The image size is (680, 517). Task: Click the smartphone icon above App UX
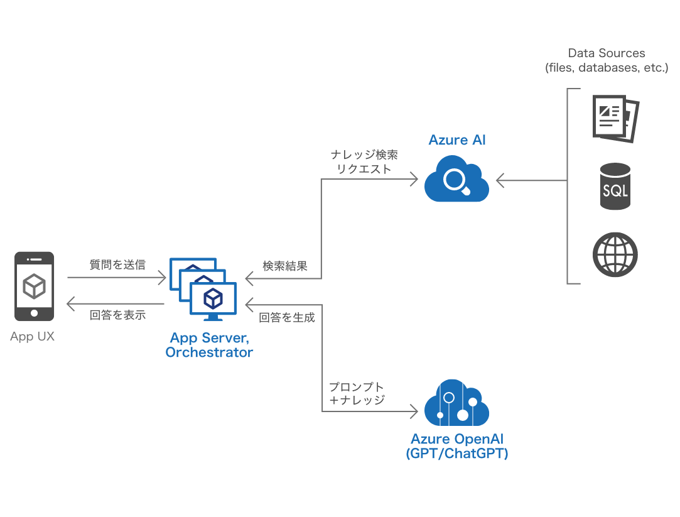(x=34, y=286)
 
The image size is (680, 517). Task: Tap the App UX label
(x=32, y=337)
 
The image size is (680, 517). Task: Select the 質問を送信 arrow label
(x=117, y=265)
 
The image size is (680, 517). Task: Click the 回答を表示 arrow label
(x=117, y=315)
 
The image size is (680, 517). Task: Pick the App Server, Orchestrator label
(x=209, y=346)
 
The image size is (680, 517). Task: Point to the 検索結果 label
(x=285, y=266)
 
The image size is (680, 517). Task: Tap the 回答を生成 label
(x=287, y=318)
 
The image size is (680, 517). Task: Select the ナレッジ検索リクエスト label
(x=364, y=161)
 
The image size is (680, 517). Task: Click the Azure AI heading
(x=457, y=139)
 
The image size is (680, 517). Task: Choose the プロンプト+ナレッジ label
(x=357, y=393)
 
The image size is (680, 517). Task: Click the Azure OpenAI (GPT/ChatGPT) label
(x=457, y=446)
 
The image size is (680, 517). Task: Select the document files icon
(x=615, y=117)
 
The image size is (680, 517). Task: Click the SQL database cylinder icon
(x=615, y=187)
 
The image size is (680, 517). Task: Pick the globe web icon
(x=615, y=255)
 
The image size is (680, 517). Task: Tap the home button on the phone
(x=34, y=312)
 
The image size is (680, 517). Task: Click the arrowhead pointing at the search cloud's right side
(x=500, y=181)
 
